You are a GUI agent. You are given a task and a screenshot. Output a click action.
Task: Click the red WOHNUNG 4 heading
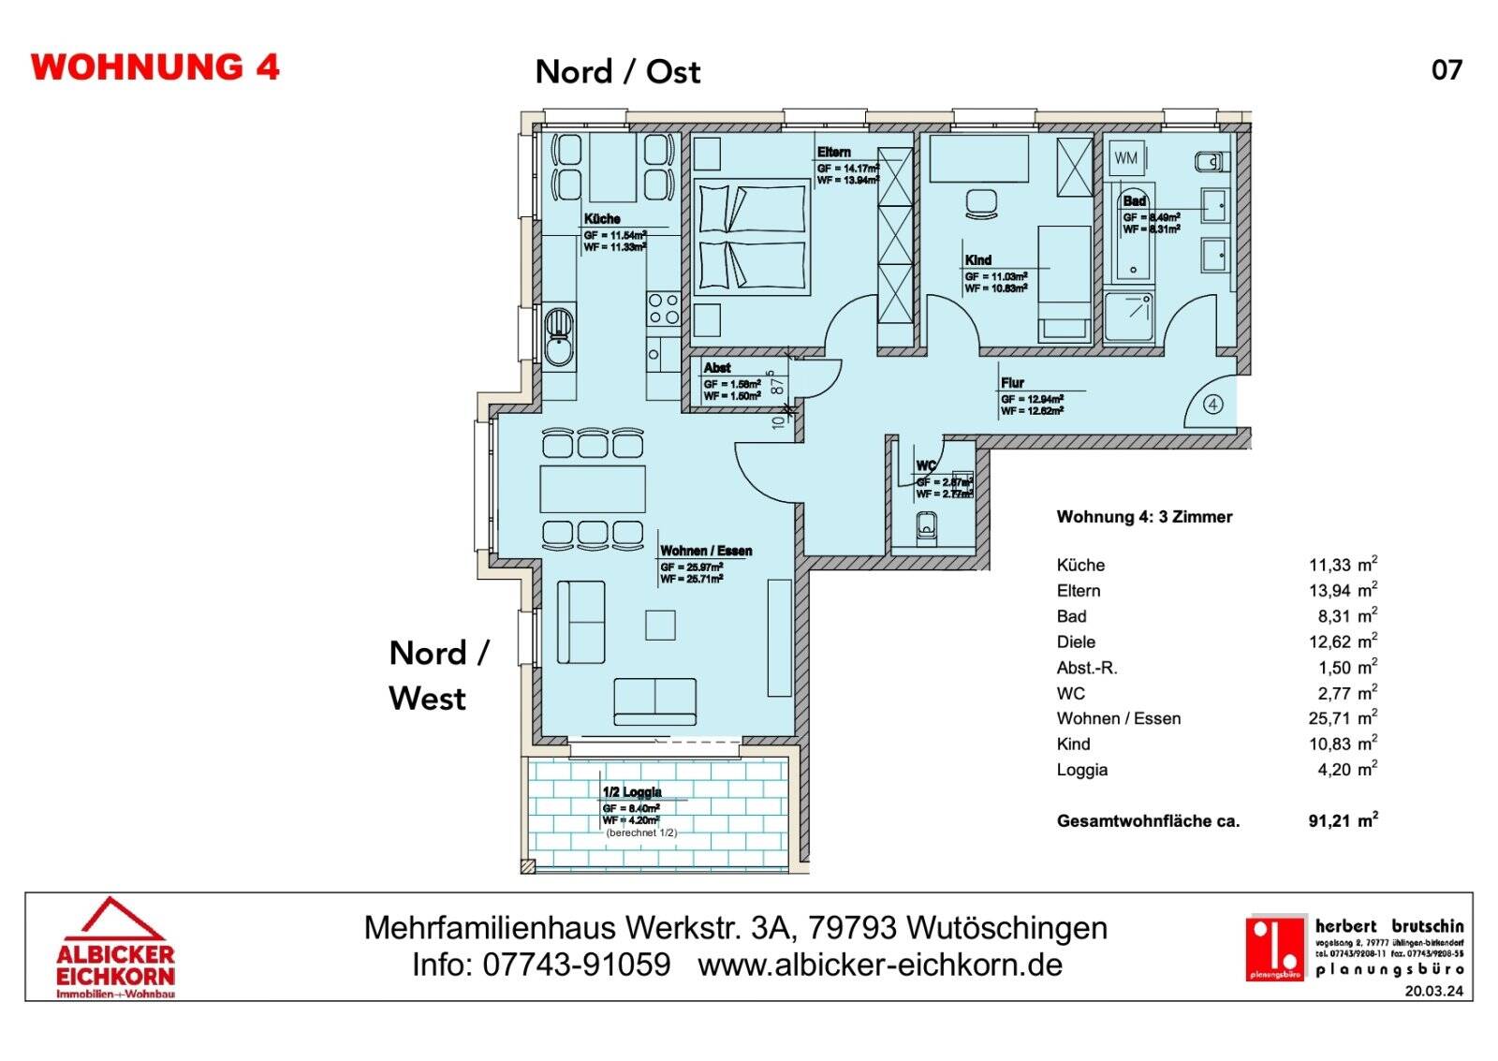tap(155, 67)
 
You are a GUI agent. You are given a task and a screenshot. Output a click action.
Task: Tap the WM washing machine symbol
tap(1126, 158)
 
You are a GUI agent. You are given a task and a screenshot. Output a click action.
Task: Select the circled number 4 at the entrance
tap(1213, 405)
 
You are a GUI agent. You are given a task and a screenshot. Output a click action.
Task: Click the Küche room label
tap(602, 218)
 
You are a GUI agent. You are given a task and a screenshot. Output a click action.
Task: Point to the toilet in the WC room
tap(927, 527)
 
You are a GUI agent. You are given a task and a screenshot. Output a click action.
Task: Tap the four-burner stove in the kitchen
tap(664, 309)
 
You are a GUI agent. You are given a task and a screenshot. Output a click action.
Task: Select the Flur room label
tap(1012, 382)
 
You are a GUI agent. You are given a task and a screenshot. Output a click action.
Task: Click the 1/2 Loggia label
tap(632, 792)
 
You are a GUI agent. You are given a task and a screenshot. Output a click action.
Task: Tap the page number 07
tap(1447, 70)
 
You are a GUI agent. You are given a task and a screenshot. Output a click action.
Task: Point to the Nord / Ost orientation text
tap(617, 72)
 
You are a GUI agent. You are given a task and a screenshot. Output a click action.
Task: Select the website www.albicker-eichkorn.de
tap(880, 965)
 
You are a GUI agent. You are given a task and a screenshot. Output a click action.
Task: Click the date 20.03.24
tap(1433, 991)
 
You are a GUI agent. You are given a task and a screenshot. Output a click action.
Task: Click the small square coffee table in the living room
tap(660, 625)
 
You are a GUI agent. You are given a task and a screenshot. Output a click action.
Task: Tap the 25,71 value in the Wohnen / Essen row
tap(1329, 718)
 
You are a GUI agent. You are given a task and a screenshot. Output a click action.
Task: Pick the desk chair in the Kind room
tap(981, 203)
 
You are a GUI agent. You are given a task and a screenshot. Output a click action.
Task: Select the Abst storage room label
tap(717, 368)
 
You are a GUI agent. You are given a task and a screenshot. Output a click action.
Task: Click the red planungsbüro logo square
tap(1275, 948)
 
